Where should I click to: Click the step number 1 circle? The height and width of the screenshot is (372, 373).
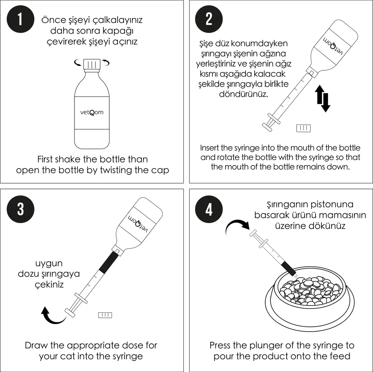[20, 19]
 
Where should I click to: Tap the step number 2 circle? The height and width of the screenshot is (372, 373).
[209, 19]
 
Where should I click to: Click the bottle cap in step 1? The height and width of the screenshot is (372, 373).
[92, 64]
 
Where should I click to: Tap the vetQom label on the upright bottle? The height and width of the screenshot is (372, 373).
[92, 113]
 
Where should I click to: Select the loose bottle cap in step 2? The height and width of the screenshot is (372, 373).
[303, 128]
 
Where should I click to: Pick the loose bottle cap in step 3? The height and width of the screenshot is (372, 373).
[105, 315]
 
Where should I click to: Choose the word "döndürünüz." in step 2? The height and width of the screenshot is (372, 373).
[243, 94]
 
